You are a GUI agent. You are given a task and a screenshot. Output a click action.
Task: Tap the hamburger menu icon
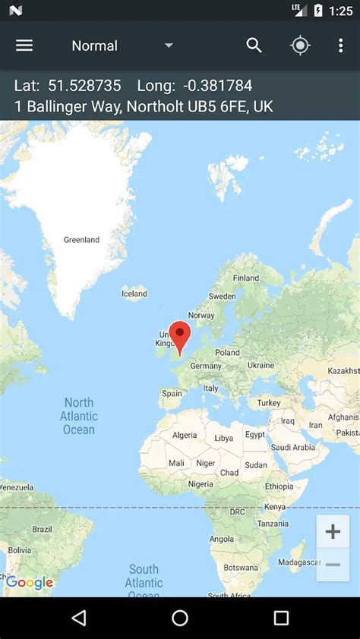(24, 46)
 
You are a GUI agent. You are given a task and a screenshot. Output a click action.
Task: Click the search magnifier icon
(254, 46)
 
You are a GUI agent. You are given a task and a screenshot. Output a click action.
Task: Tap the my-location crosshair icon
(300, 46)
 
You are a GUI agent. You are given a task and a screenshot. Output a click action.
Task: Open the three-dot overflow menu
(340, 46)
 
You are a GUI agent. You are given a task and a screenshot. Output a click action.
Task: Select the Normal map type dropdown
(122, 46)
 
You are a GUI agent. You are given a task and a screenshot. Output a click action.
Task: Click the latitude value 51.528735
(84, 86)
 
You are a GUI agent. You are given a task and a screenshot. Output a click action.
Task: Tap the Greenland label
(81, 240)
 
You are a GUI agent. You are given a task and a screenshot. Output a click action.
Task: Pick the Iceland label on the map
(134, 294)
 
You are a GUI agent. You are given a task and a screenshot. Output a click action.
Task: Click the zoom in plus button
(333, 531)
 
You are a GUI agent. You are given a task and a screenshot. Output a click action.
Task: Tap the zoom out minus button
(333, 565)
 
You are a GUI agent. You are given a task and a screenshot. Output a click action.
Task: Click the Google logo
(30, 583)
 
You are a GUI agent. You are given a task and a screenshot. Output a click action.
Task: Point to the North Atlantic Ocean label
(79, 416)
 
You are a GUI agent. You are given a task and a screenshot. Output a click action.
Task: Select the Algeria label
(185, 436)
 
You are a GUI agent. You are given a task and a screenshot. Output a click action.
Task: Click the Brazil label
(43, 529)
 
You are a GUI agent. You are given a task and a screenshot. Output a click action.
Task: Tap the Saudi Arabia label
(292, 447)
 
